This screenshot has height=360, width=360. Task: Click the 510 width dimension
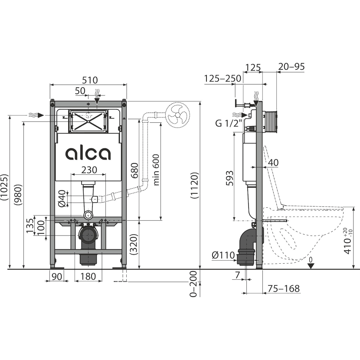90,80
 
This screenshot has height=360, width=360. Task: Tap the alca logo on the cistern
88,153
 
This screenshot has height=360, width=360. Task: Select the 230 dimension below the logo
89,170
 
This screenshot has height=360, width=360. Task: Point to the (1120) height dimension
194,185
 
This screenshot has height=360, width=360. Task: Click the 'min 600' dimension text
156,170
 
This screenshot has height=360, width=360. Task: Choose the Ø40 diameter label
62,199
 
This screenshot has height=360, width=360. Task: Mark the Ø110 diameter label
223,255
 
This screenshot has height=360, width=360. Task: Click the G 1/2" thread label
229,123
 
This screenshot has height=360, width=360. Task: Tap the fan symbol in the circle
178,115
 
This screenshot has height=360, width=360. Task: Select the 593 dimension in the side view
229,178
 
